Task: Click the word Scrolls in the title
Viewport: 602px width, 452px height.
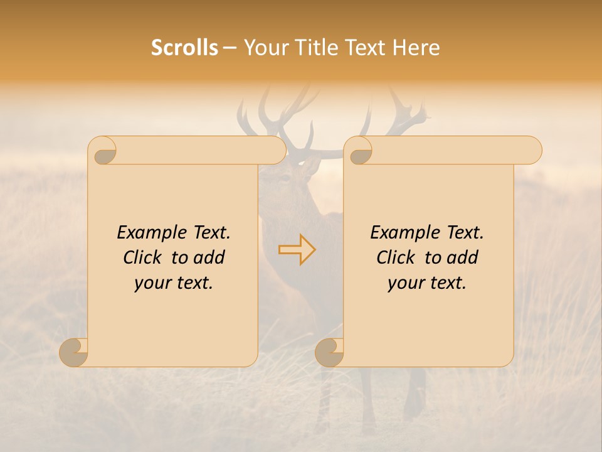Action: [184, 48]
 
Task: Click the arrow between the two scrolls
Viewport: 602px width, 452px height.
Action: [297, 249]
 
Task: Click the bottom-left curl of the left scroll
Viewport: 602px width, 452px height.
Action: [74, 353]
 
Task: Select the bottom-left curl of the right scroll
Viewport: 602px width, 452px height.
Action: [329, 353]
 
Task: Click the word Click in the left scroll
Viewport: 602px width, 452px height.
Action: [142, 257]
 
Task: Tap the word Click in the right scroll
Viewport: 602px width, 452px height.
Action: [396, 257]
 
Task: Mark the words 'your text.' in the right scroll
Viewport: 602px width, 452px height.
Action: [427, 283]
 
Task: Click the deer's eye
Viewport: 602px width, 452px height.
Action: [285, 178]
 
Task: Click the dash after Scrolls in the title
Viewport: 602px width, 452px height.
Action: [230, 48]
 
